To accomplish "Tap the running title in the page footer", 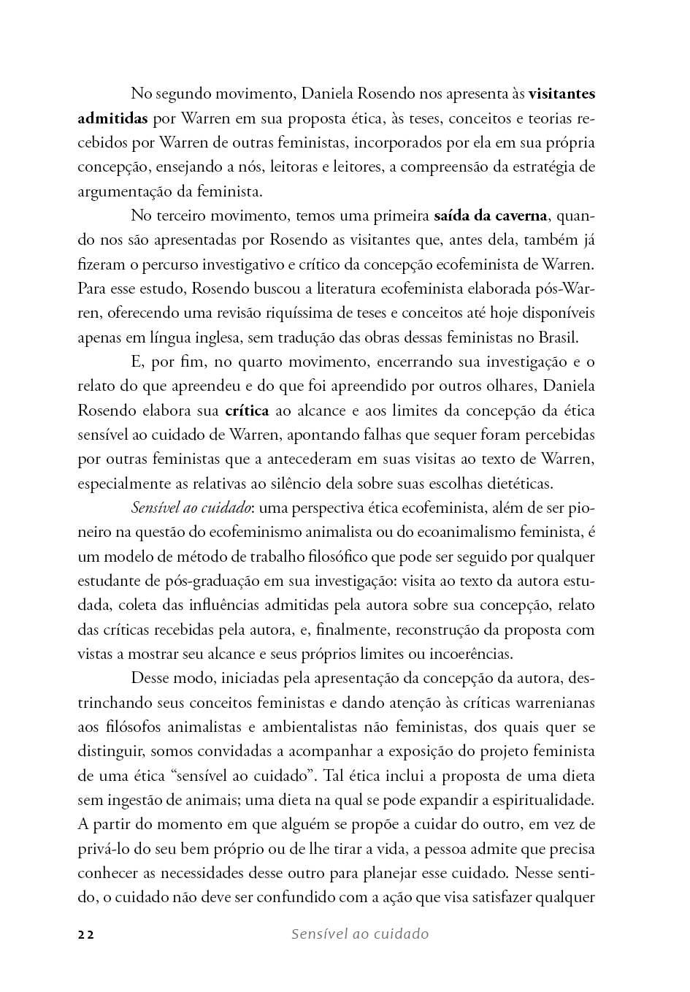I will [x=359, y=934].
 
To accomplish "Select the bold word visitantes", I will [x=561, y=94].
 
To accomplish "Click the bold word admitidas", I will [x=113, y=118].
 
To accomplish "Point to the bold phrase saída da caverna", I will [x=490, y=216].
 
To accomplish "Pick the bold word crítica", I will [x=247, y=411].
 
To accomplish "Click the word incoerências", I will [x=469, y=655].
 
